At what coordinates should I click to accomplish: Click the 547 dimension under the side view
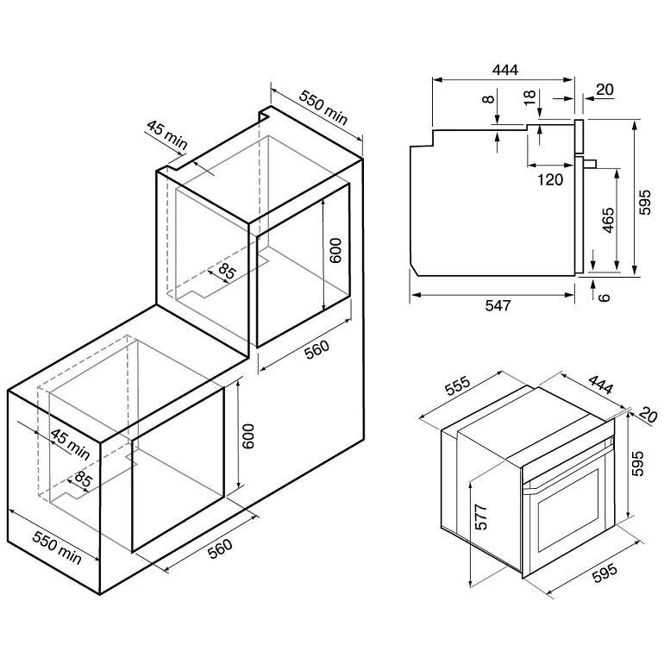tap(498, 305)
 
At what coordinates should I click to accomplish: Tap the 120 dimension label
tap(549, 179)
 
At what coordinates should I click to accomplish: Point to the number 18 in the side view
tap(529, 97)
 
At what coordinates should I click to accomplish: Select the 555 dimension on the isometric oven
tap(458, 389)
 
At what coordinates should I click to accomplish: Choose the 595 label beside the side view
tap(646, 203)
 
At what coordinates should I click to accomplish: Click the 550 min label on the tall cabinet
tap(324, 107)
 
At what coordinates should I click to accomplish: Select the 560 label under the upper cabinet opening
tap(317, 353)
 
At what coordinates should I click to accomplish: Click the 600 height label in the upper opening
tap(336, 251)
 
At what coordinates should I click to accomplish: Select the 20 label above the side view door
tap(604, 89)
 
